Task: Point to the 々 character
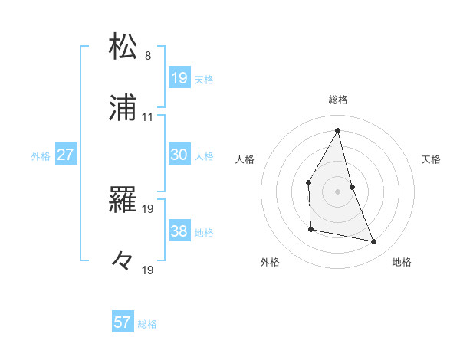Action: (123, 261)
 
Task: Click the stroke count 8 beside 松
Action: (148, 56)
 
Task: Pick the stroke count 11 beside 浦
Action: (148, 117)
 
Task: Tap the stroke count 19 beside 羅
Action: (148, 208)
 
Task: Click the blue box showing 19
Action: (179, 77)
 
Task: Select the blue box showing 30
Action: (179, 155)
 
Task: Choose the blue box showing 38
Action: (179, 231)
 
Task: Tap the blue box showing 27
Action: (65, 155)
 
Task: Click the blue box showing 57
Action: (123, 322)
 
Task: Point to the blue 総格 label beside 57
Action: (147, 324)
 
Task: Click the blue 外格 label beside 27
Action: (41, 156)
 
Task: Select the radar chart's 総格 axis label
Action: (338, 100)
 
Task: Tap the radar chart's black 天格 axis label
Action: (432, 159)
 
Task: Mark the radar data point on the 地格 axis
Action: (374, 242)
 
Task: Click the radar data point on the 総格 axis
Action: (338, 130)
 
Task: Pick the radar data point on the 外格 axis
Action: (310, 229)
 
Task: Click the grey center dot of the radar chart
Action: (338, 191)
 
